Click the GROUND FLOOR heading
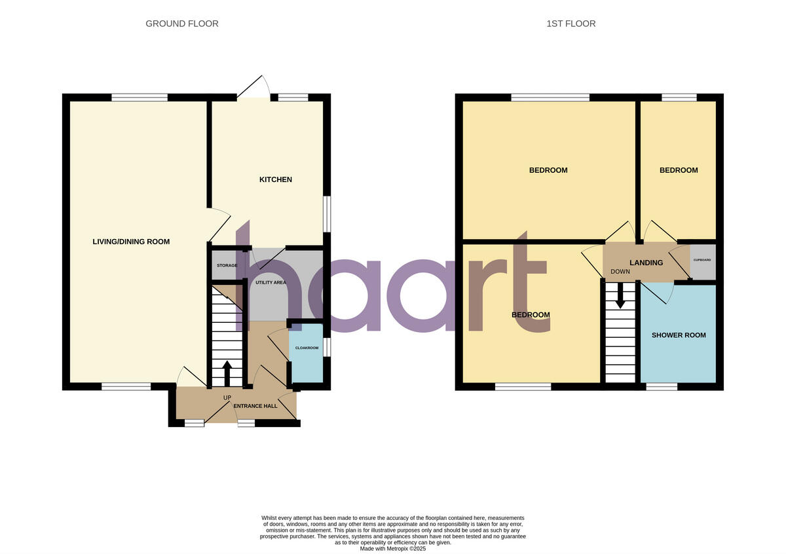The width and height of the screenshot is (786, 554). (x=182, y=24)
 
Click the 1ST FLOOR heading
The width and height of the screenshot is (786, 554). (x=571, y=24)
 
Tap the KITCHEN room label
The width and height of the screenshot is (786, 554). (x=276, y=179)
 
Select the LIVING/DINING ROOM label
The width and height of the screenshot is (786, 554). (x=131, y=242)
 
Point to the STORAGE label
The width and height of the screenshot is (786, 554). (x=227, y=265)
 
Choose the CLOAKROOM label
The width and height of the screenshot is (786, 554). (x=307, y=348)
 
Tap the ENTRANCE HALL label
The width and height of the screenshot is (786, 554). (x=255, y=406)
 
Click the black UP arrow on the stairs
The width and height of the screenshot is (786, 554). (x=227, y=373)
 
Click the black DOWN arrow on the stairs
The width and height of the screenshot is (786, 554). (x=620, y=299)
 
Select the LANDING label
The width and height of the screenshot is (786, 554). (x=646, y=263)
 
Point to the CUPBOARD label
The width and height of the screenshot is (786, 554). (x=702, y=260)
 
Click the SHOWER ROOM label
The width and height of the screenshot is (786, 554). (x=679, y=335)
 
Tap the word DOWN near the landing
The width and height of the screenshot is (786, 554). (x=620, y=271)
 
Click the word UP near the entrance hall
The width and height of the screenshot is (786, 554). (x=227, y=397)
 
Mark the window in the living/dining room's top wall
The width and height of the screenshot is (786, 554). (x=140, y=98)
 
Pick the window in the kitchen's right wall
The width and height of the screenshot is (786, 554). (x=327, y=213)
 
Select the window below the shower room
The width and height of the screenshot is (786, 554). (x=662, y=387)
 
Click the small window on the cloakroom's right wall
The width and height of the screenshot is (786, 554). (x=327, y=347)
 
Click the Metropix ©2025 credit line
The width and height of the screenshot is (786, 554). (x=393, y=549)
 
